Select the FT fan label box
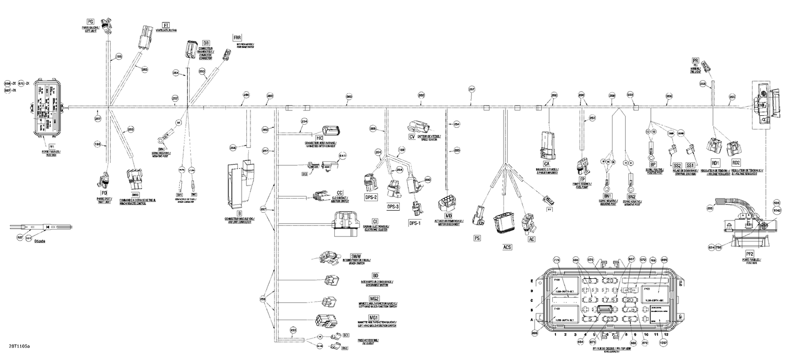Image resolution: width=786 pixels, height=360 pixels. [166, 25]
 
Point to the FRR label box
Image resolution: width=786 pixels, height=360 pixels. [237, 38]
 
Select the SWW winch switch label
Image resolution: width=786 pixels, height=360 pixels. [357, 255]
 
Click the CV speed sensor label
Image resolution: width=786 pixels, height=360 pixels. [412, 137]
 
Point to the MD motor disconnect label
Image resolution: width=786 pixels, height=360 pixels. [449, 215]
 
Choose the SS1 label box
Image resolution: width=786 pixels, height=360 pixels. [690, 165]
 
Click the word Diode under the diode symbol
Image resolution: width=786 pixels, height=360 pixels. [40, 242]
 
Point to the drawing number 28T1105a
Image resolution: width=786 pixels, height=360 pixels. [19, 346]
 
